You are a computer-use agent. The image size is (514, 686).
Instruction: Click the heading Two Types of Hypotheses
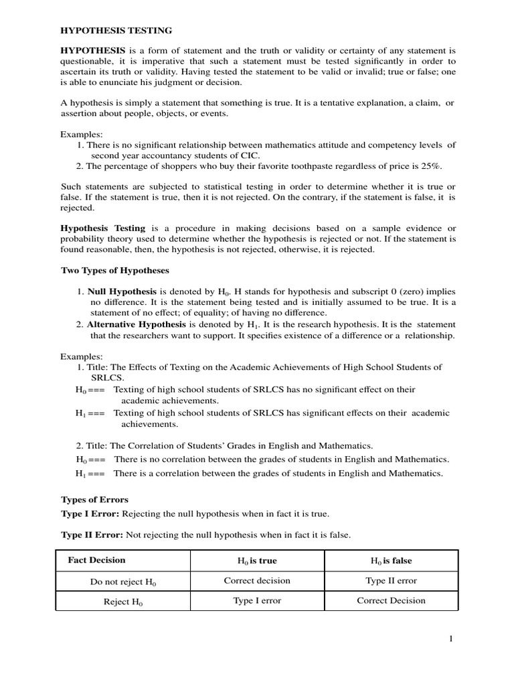(x=115, y=270)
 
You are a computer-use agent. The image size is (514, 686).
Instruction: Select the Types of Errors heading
(x=94, y=499)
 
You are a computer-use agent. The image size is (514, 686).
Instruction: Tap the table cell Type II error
(x=392, y=581)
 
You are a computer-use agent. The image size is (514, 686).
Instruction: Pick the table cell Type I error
(x=257, y=601)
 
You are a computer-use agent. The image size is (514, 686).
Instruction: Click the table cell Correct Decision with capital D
(x=392, y=601)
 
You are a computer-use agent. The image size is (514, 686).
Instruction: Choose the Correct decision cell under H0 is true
(x=257, y=581)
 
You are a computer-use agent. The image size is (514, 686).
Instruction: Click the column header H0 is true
(x=257, y=561)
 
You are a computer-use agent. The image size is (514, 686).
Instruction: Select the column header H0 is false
(x=392, y=561)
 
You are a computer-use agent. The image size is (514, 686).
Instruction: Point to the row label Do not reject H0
(x=123, y=582)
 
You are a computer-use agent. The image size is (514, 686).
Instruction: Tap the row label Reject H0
(x=123, y=602)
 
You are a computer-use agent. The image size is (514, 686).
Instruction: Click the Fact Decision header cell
(x=96, y=560)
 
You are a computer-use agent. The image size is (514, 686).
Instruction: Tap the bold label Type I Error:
(x=90, y=513)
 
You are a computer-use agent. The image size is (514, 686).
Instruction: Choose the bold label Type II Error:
(x=92, y=535)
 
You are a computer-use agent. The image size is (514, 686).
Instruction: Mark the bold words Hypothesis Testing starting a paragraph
(x=102, y=228)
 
